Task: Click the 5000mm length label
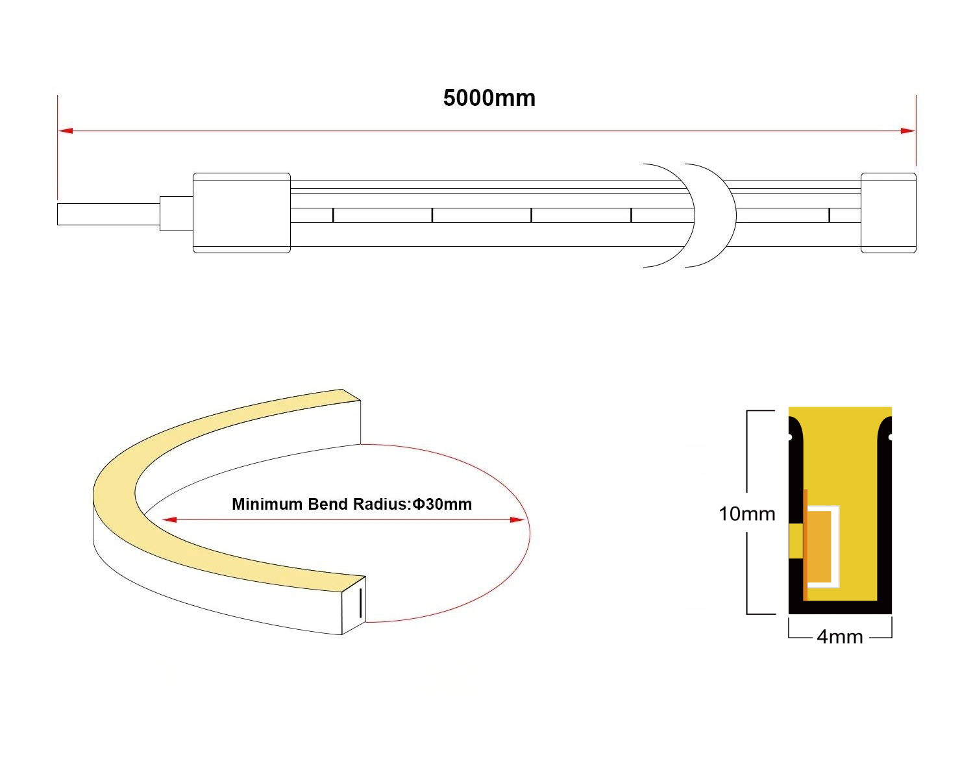(x=489, y=98)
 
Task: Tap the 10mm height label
(x=746, y=514)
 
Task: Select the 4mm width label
(x=839, y=636)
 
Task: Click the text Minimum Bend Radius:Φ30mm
(x=352, y=504)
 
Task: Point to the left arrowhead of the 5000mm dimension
(x=64, y=131)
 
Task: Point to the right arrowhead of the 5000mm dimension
(x=909, y=131)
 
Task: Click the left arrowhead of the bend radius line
(x=169, y=519)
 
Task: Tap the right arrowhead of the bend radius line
(x=517, y=519)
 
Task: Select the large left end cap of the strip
(x=241, y=212)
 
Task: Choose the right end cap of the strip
(x=888, y=212)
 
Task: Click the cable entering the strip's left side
(x=108, y=214)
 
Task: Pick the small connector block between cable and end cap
(x=177, y=213)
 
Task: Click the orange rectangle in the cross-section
(x=819, y=545)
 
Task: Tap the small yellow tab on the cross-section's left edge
(x=795, y=540)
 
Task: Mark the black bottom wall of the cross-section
(x=840, y=608)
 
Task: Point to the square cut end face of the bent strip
(x=354, y=604)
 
